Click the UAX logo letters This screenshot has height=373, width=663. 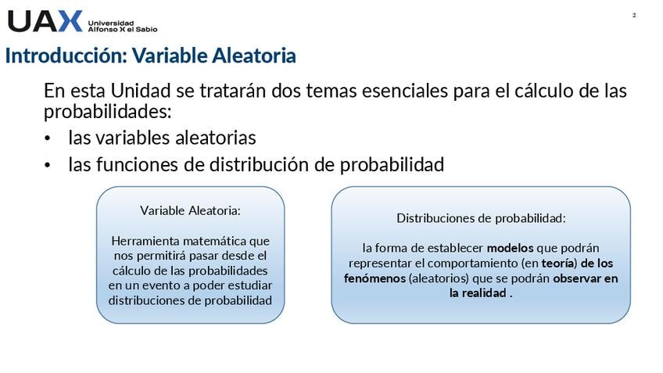[x=45, y=21]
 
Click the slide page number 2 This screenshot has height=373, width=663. [x=634, y=15]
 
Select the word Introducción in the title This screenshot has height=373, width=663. [x=66, y=56]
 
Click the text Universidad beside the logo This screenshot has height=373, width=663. [x=111, y=23]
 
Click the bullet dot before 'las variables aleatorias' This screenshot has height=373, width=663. [x=48, y=138]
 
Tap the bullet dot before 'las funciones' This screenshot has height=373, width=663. [x=48, y=165]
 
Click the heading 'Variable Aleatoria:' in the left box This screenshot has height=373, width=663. [x=190, y=210]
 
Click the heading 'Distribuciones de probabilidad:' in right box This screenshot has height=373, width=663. [x=481, y=218]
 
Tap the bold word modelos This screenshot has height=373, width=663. [x=510, y=248]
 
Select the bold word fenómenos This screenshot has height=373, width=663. [x=375, y=278]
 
